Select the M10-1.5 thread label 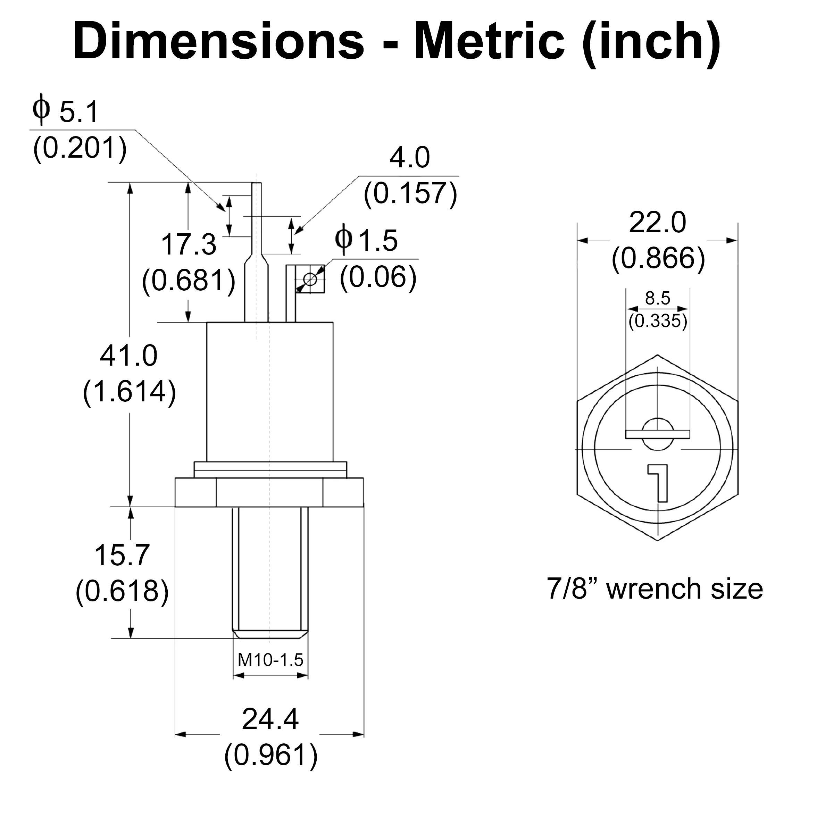pos(270,660)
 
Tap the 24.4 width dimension pos(270,719)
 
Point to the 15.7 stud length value pos(122,555)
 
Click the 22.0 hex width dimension pos(658,223)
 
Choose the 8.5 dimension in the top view pos(658,298)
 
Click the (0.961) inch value pos(271,756)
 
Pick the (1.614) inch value pos(130,392)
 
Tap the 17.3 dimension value pos(189,245)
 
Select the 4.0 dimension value pos(409,158)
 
